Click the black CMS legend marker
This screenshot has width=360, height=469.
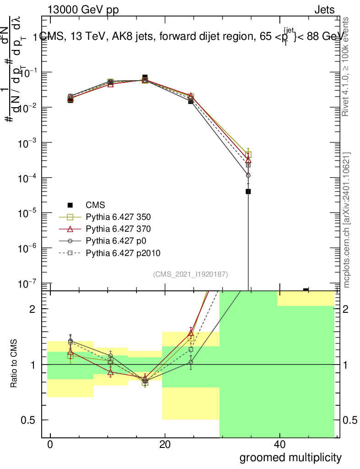pyautogui.click(x=70, y=205)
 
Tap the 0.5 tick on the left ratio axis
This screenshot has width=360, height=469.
pyautogui.click(x=32, y=420)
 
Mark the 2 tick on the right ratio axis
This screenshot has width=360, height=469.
pyautogui.click(x=347, y=309)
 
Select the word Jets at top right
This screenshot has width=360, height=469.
pyautogui.click(x=324, y=10)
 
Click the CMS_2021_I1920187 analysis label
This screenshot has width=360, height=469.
pyautogui.click(x=191, y=274)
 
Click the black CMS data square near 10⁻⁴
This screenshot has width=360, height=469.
pyautogui.click(x=248, y=191)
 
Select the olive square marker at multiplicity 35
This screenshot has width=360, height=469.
pyautogui.click(x=248, y=155)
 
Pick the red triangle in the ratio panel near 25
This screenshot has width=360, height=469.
pyautogui.click(x=191, y=333)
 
